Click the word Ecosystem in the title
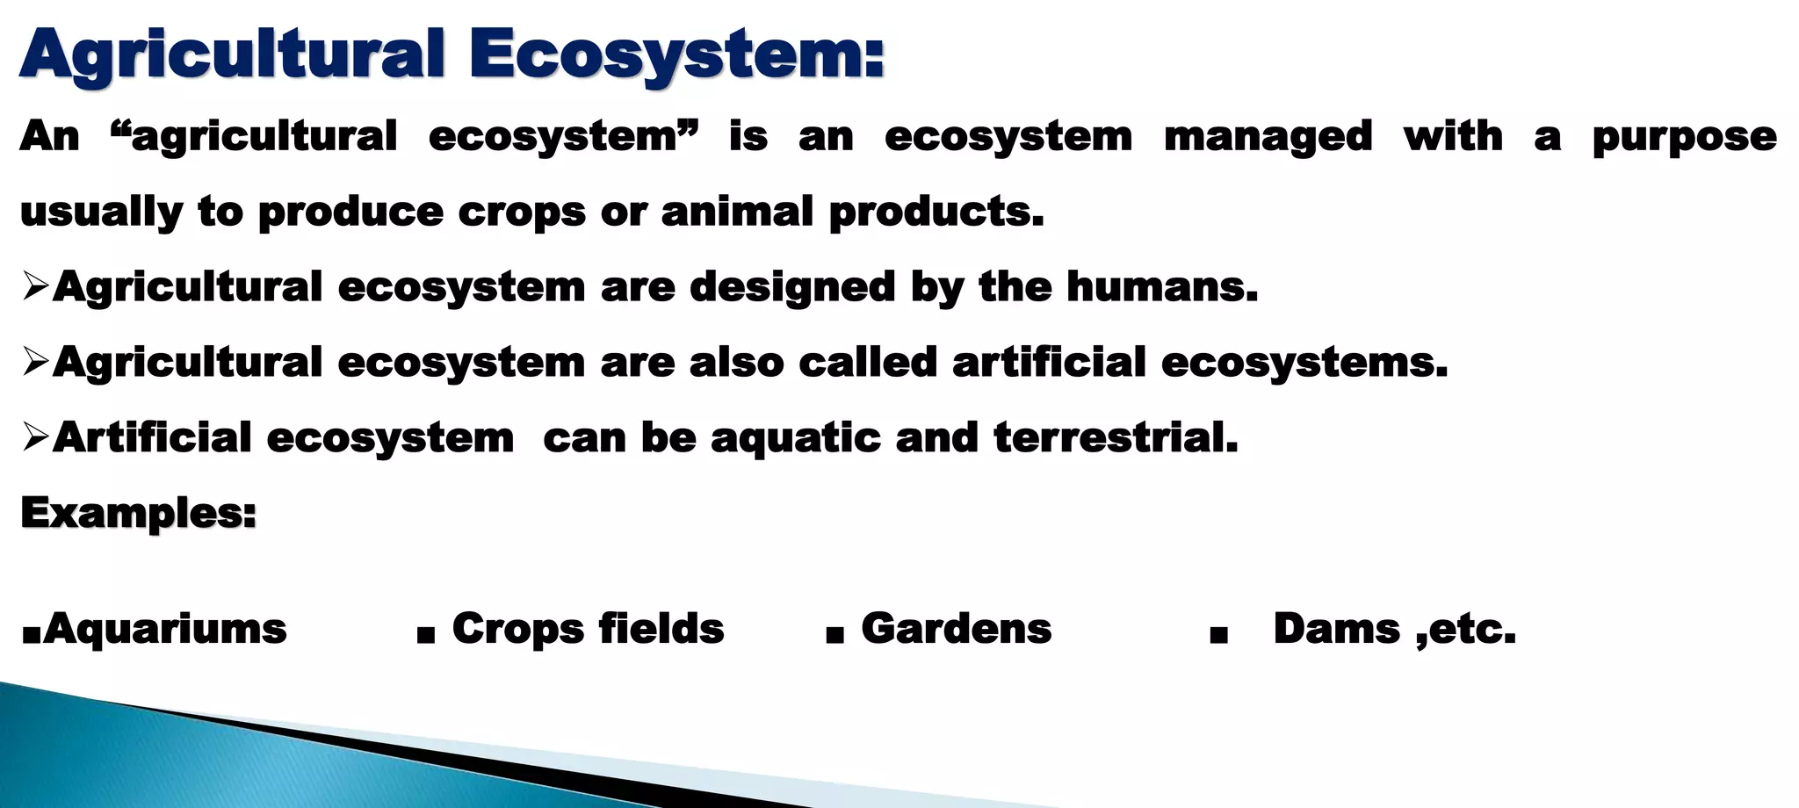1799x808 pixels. point(676,54)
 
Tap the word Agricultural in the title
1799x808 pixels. point(233,54)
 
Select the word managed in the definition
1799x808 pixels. point(1268,137)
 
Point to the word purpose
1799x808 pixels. point(1685,137)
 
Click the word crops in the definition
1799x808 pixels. point(522,212)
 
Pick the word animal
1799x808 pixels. point(737,212)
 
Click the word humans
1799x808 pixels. point(1162,286)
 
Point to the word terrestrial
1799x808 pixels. point(1116,437)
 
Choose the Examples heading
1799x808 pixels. point(138,513)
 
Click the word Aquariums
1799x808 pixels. point(165,629)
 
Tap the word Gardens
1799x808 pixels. point(957,629)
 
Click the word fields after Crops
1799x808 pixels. point(661,629)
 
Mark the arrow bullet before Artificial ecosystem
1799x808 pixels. point(35,436)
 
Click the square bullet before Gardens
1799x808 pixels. point(834,634)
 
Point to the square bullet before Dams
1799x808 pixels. point(1217,634)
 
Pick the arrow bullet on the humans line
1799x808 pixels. point(35,286)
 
